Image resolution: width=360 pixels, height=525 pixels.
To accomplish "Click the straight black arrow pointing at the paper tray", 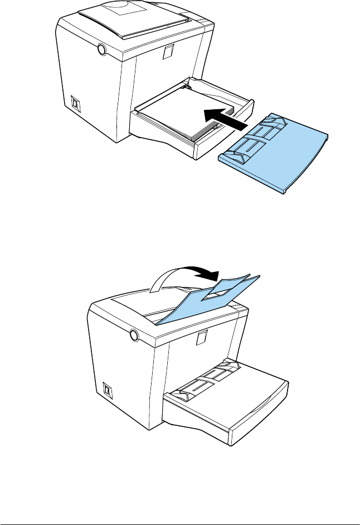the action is (x=223, y=116).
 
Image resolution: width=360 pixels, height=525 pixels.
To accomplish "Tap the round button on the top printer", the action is (x=101, y=50).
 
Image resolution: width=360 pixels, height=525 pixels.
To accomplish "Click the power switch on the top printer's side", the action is (x=74, y=104).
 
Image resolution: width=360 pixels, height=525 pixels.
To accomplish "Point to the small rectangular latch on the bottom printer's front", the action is (x=202, y=337).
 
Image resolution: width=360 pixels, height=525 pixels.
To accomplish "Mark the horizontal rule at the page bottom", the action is (x=180, y=509).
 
